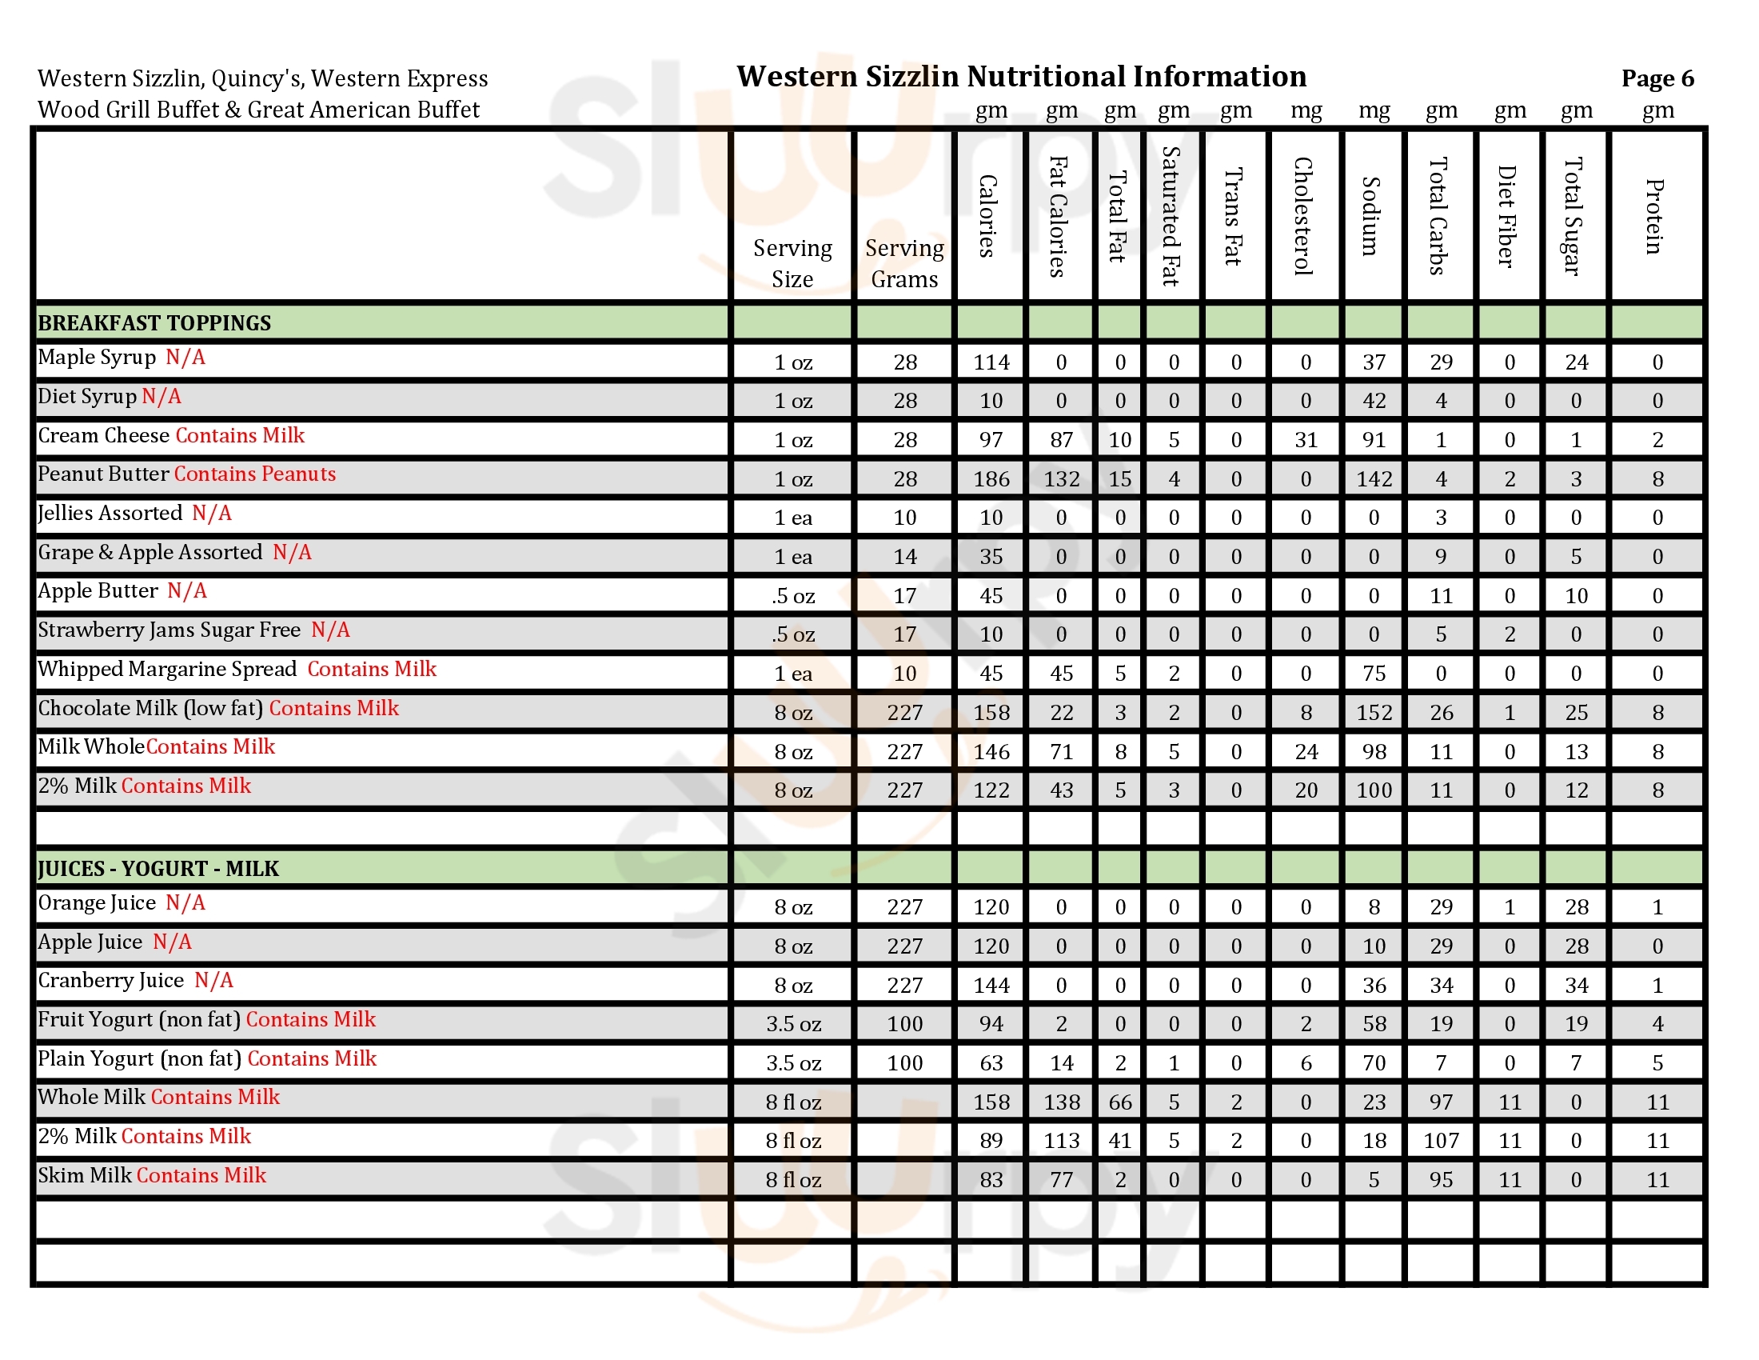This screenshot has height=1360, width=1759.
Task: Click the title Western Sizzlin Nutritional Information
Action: (1020, 77)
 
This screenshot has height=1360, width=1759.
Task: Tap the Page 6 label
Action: (1657, 78)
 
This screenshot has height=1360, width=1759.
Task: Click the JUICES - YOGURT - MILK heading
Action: (158, 869)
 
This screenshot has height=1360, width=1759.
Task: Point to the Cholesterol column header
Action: (1304, 216)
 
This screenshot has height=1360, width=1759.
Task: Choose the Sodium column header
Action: (1372, 216)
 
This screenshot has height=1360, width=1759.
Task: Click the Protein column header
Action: (1655, 216)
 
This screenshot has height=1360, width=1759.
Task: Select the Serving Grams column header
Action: (903, 263)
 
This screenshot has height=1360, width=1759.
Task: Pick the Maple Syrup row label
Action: (97, 357)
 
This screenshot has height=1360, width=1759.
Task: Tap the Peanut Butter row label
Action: (103, 474)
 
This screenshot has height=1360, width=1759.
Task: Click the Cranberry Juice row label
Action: (111, 981)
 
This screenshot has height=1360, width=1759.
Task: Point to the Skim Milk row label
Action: (85, 1175)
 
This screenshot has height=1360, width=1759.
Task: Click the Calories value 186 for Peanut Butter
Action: (991, 479)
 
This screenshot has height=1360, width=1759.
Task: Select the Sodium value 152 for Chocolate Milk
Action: (1373, 713)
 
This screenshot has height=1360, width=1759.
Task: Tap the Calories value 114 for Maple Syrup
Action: (991, 362)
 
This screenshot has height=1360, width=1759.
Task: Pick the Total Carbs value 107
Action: (1440, 1141)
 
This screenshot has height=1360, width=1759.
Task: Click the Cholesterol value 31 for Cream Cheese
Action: (1306, 440)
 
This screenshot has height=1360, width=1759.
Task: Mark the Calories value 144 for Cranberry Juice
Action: (991, 986)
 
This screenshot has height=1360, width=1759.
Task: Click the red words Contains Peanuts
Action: (254, 474)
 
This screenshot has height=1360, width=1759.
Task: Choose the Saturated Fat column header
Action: (1172, 216)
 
